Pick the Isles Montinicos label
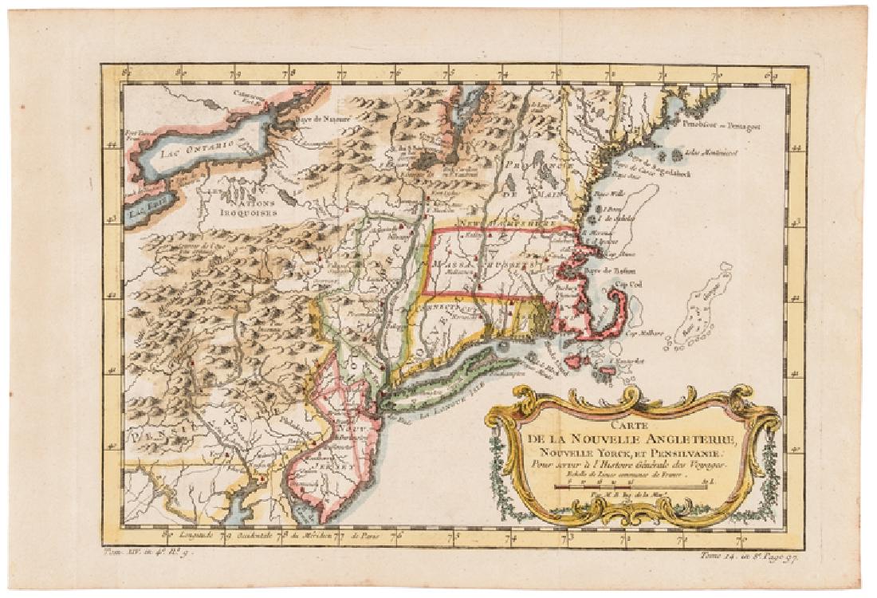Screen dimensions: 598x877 pos(710,151)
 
